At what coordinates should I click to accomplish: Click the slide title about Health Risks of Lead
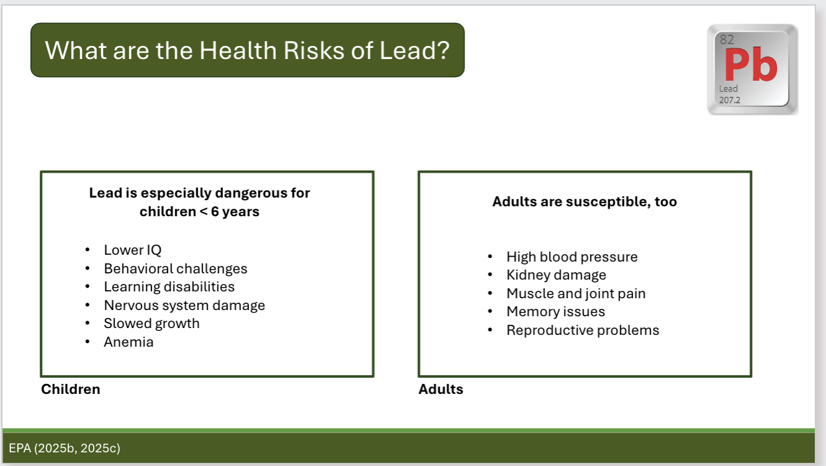[247, 50]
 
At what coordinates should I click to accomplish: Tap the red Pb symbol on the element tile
[750, 66]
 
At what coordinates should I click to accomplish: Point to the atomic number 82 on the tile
[727, 40]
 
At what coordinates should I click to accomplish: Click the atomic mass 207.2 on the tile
[730, 99]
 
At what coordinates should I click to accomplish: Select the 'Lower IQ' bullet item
[132, 250]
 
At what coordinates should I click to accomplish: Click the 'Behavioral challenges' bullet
[175, 269]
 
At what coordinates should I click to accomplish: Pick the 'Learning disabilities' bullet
[169, 287]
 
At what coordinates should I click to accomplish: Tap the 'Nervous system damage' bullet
[184, 306]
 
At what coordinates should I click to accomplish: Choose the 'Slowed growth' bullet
[152, 324]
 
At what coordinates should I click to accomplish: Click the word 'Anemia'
[129, 342]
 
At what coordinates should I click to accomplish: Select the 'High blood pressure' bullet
[571, 257]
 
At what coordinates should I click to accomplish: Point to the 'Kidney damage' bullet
[556, 275]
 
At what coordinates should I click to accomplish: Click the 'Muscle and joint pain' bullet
[576, 294]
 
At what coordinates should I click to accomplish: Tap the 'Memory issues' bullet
[555, 312]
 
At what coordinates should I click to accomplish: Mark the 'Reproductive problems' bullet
[583, 331]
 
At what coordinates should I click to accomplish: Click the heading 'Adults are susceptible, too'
[584, 202]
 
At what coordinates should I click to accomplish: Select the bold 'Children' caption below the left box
[70, 390]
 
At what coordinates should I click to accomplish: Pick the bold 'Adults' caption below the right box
[441, 390]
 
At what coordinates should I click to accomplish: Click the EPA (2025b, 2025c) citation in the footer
[65, 448]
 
